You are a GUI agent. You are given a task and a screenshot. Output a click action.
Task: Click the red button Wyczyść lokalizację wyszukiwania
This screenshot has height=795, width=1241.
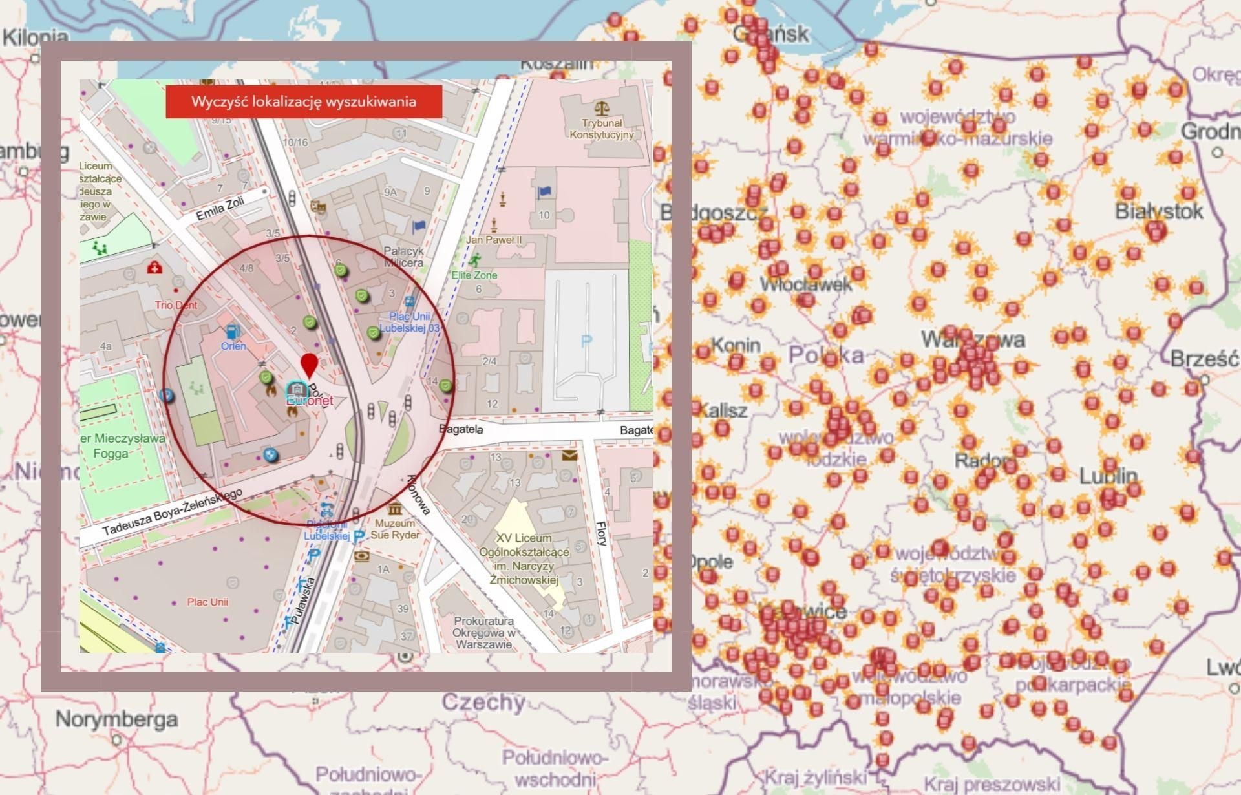304,101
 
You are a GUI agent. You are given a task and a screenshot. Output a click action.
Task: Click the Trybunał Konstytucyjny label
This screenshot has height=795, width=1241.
601,129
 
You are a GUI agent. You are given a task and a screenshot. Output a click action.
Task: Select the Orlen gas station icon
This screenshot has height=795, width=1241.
231,332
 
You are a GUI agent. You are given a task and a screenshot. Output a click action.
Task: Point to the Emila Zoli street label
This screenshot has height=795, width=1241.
220,209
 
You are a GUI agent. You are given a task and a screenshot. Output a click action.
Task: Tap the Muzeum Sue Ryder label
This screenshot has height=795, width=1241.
394,529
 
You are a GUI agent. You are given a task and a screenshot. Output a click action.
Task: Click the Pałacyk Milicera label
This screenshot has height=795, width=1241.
403,257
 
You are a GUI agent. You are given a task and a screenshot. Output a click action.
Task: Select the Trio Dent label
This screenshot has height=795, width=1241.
176,305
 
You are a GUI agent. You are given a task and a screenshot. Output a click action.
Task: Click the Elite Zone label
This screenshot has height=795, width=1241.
474,275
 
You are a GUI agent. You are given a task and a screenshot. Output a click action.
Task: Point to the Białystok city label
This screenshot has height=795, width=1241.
1159,211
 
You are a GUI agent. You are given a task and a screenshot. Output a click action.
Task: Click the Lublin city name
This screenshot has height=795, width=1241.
1108,476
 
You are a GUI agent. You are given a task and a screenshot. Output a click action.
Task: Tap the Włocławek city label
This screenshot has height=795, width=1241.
805,284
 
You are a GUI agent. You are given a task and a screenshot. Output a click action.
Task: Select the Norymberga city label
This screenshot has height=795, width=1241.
116,719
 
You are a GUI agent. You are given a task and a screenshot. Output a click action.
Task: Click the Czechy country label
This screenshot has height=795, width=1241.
483,702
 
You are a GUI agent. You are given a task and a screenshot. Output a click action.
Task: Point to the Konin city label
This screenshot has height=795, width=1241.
736,344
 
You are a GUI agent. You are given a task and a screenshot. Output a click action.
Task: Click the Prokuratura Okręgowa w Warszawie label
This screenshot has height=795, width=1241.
483,632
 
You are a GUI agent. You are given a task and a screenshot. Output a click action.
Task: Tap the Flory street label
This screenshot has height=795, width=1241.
601,533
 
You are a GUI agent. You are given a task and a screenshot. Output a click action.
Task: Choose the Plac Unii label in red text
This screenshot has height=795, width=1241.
207,602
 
